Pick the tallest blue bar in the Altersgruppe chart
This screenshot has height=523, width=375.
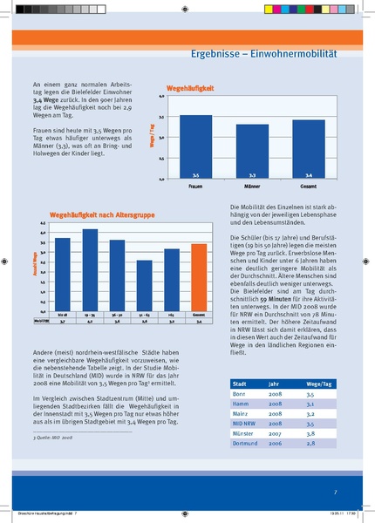89,269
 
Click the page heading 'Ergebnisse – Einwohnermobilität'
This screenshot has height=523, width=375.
263,54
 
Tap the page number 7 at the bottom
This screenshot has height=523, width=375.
336,492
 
